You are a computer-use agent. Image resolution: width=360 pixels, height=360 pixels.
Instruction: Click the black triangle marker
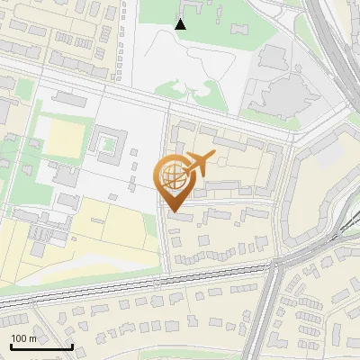tap(181, 24)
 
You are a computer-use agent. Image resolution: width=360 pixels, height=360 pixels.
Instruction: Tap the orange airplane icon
tap(199, 164)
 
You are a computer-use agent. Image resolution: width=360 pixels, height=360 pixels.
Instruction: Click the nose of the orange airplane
tap(212, 157)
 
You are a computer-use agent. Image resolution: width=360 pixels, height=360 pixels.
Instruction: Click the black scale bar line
tap(41, 346)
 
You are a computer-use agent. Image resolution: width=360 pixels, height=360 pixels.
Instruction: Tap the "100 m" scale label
tap(24, 338)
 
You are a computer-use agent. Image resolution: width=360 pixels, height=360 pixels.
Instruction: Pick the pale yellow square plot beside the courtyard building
tap(64, 139)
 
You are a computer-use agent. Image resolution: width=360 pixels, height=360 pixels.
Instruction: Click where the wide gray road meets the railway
tap(274, 267)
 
